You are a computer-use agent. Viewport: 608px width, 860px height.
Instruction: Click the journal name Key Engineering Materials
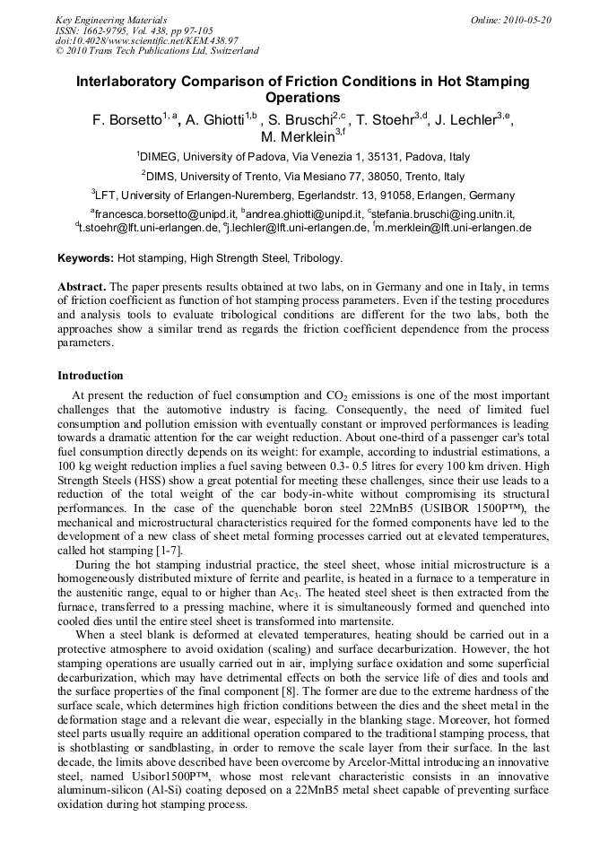click(x=111, y=20)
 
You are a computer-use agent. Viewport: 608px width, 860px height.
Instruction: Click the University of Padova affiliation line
click(x=303, y=156)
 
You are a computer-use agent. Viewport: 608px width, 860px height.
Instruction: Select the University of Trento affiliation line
click(x=303, y=176)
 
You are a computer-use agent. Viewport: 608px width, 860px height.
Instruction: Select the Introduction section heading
click(x=90, y=375)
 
